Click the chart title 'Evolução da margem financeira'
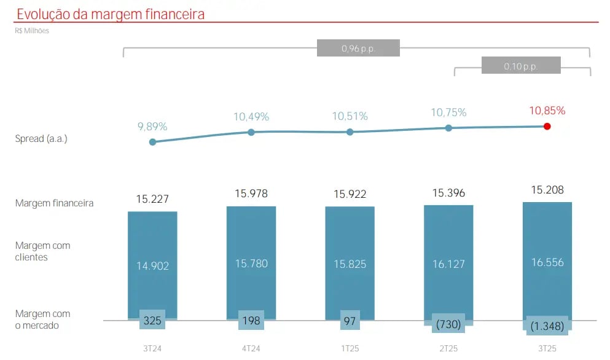pos(111,14)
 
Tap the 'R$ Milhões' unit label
pos(32,31)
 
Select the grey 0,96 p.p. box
pos(358,48)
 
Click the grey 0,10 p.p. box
pos(521,66)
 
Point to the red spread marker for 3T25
pos(547,126)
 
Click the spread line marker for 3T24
pos(152,142)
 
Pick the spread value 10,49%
pos(251,117)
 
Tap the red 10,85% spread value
pos(547,111)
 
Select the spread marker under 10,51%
pos(350,132)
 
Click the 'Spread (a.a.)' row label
pos(41,139)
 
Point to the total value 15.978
pos(251,194)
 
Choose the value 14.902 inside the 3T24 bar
pos(152,265)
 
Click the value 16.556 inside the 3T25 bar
pos(547,262)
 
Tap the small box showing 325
pos(152,320)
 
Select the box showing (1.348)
pos(547,325)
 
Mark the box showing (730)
pos(448,323)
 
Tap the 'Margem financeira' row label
pos(55,203)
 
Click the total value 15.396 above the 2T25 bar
pos(448,193)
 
